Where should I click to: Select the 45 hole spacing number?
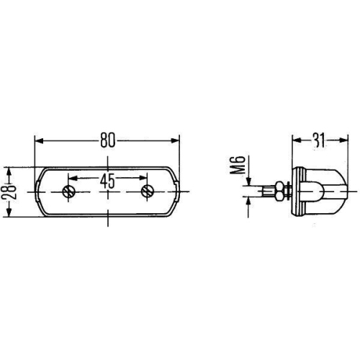pos(107,181)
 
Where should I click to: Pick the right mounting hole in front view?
pos(148,192)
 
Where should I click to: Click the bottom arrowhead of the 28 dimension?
pos(9,213)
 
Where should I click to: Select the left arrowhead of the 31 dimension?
pos(295,140)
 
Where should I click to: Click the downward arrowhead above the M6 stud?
pos(249,181)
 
